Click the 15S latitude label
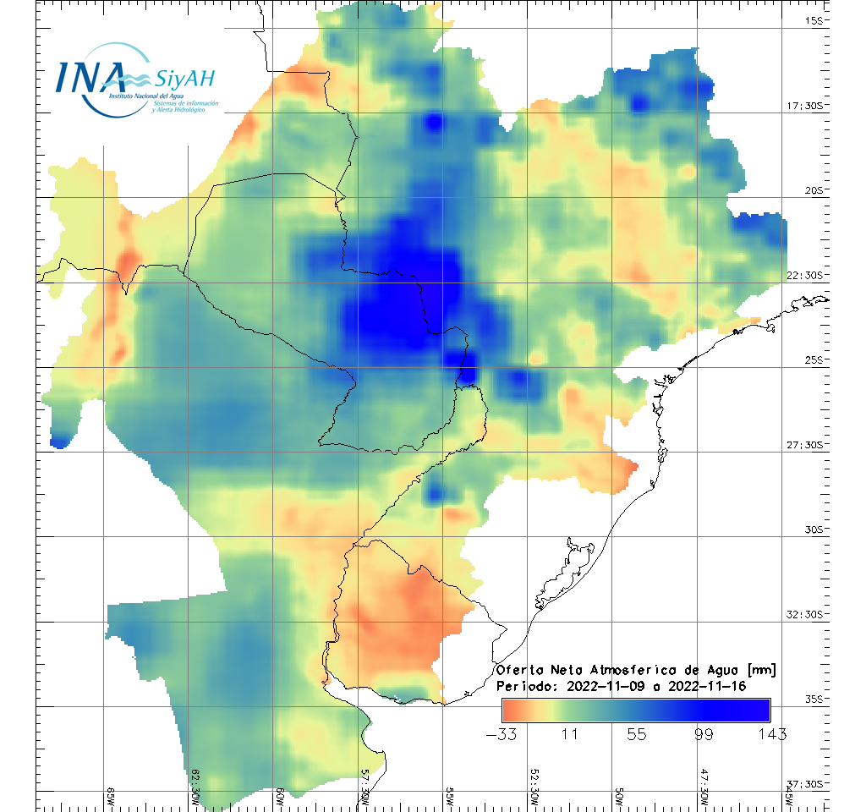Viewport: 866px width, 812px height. click(817, 20)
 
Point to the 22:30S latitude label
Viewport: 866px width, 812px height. click(811, 275)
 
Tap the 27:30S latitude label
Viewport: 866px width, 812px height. click(811, 445)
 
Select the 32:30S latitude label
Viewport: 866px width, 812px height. click(811, 614)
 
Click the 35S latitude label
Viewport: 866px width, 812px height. click(817, 699)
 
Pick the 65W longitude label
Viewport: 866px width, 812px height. click(111, 795)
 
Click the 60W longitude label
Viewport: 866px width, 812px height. click(281, 795)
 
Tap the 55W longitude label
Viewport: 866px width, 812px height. click(450, 795)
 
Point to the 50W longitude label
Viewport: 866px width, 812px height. click(619, 795)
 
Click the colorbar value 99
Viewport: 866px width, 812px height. click(704, 733)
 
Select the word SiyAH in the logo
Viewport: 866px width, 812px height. click(185, 79)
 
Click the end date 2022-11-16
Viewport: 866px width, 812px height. click(707, 686)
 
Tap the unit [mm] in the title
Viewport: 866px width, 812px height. click(761, 670)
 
